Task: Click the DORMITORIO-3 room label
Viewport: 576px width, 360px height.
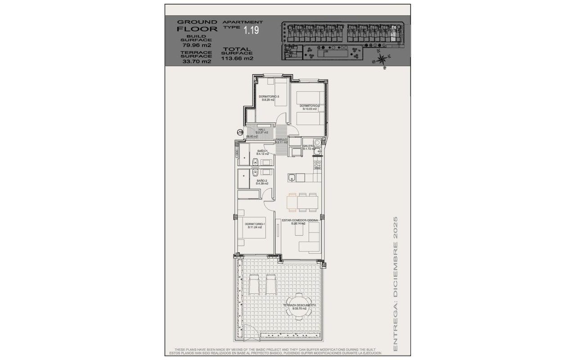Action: tap(269, 96)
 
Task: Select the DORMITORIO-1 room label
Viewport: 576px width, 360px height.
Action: tap(255, 224)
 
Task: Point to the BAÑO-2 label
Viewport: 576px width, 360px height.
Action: tap(262, 180)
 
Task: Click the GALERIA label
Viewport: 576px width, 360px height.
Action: tap(309, 146)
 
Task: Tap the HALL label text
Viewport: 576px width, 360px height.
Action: tap(261, 130)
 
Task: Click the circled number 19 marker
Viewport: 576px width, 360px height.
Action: tap(240, 132)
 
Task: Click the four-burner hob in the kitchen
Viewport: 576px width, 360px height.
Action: tap(317, 165)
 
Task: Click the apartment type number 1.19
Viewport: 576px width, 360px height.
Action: tap(252, 31)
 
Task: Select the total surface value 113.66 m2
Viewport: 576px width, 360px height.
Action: tap(237, 58)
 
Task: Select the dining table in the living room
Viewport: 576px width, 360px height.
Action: tap(303, 202)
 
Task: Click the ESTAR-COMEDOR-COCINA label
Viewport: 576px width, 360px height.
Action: tap(300, 220)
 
